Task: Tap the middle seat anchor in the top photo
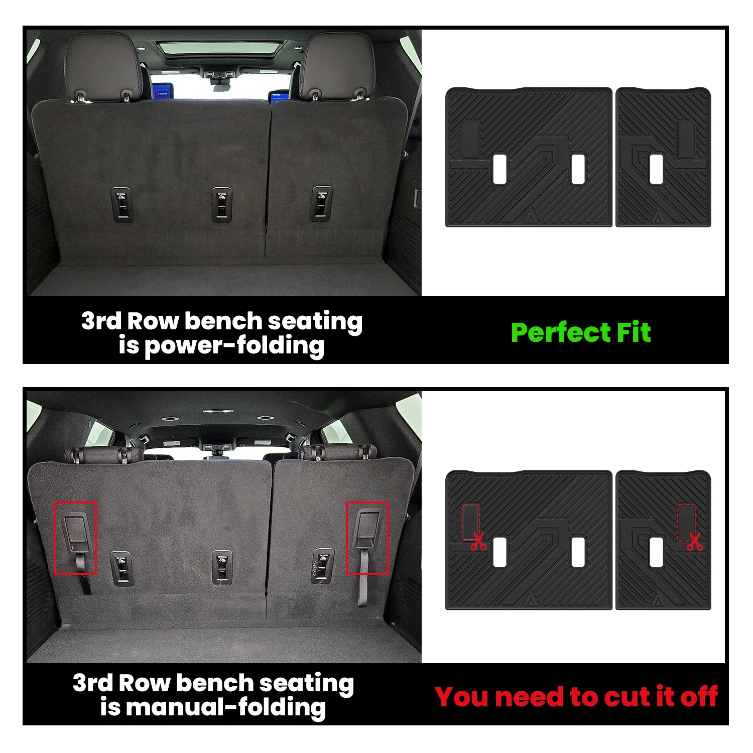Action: (221, 204)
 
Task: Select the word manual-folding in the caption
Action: (226, 707)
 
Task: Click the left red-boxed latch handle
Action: (75, 538)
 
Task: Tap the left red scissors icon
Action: (478, 541)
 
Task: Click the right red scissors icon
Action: (695, 541)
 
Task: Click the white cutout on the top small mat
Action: (656, 169)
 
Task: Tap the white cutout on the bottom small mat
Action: (656, 552)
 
